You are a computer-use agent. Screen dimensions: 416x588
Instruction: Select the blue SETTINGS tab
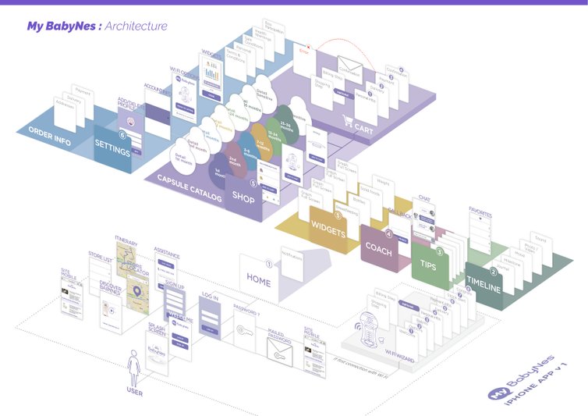(x=112, y=147)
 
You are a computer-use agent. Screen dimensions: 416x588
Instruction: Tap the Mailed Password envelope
(x=278, y=352)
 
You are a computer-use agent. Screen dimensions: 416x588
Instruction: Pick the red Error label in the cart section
(x=304, y=52)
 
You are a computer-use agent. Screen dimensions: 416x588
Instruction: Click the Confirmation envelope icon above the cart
(x=352, y=66)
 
